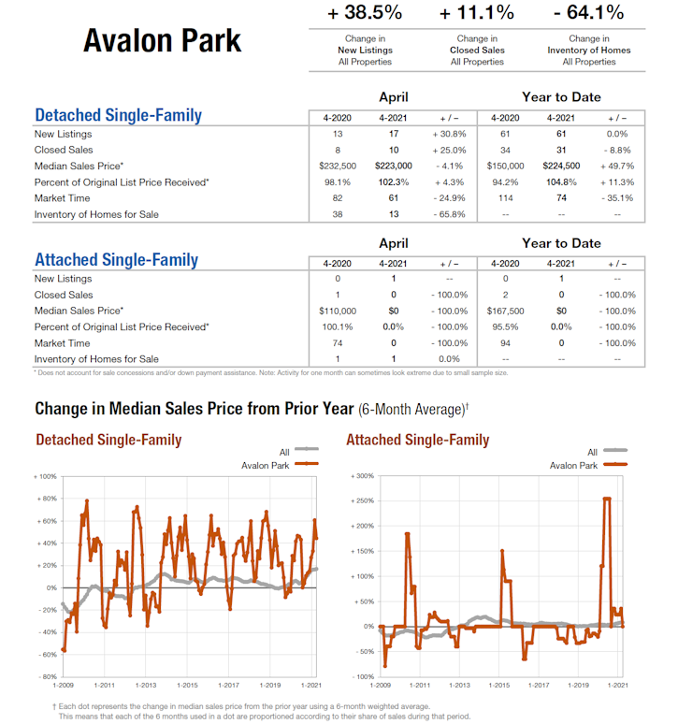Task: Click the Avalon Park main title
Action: (162, 40)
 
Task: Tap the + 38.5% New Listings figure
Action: (364, 13)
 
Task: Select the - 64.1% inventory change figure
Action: (588, 13)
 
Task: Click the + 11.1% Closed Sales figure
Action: (476, 13)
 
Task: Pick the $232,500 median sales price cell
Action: (338, 166)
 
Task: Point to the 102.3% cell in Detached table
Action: (394, 182)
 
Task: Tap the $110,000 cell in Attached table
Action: (338, 311)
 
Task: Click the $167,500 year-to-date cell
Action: (505, 311)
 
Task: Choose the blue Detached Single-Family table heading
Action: (118, 116)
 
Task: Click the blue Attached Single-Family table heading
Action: (116, 260)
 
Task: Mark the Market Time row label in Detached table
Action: (63, 198)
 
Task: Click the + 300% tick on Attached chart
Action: (361, 476)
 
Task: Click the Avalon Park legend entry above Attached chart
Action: (573, 465)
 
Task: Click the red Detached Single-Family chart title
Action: (108, 440)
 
